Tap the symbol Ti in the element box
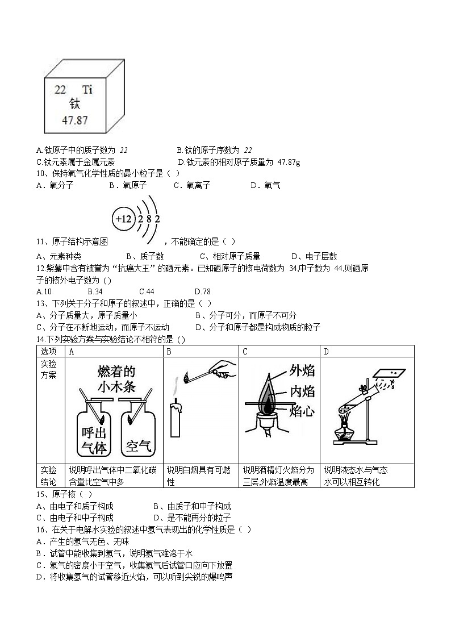(x=87, y=89)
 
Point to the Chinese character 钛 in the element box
(x=75, y=104)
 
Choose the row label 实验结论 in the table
(x=49, y=476)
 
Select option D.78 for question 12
(x=202, y=291)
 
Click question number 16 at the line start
(x=40, y=529)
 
